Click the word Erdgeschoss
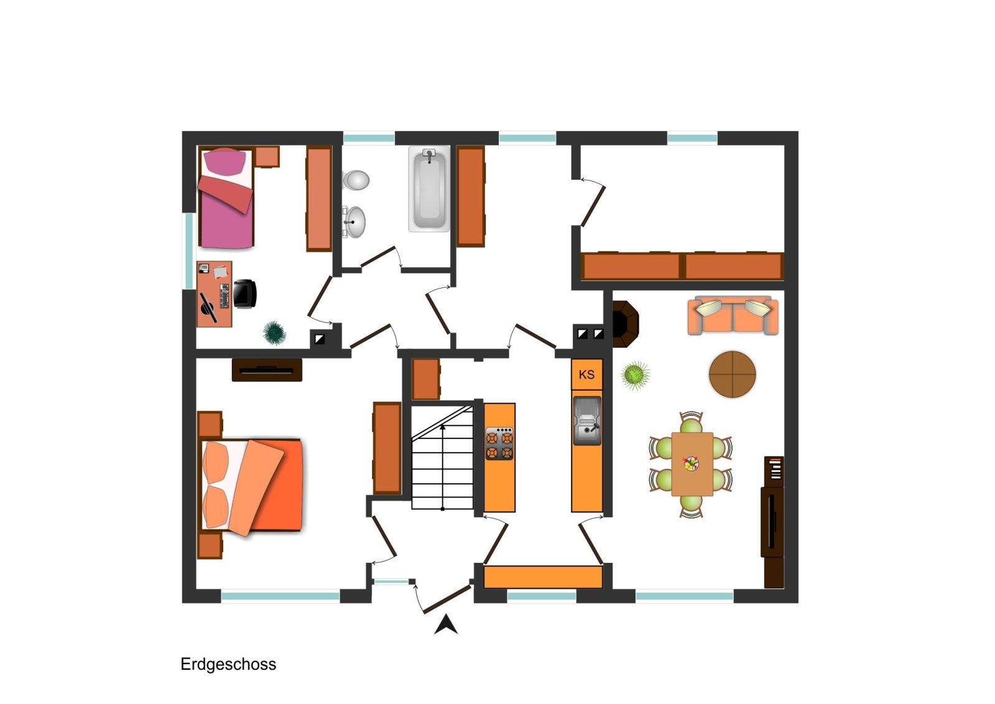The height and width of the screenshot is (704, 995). click(228, 664)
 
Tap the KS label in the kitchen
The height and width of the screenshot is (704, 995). click(586, 374)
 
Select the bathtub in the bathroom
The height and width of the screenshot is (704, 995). click(429, 189)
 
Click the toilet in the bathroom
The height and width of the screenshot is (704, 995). click(356, 180)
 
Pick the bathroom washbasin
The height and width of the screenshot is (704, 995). click(354, 221)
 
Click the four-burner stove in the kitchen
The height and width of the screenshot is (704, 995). click(499, 443)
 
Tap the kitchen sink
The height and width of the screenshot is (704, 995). click(587, 420)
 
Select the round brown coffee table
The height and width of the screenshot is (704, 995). click(732, 374)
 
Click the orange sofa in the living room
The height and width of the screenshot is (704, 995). click(733, 315)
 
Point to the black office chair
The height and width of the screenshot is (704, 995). click(244, 294)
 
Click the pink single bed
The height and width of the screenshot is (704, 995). click(226, 198)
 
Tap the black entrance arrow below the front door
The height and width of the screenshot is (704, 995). click(445, 624)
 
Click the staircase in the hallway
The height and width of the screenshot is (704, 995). click(442, 458)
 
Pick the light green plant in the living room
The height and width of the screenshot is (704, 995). click(635, 374)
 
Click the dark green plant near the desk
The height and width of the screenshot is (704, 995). click(274, 333)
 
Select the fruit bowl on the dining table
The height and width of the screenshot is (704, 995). click(691, 464)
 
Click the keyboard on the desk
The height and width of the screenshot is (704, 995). click(224, 296)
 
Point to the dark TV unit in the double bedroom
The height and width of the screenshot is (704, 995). click(267, 370)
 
